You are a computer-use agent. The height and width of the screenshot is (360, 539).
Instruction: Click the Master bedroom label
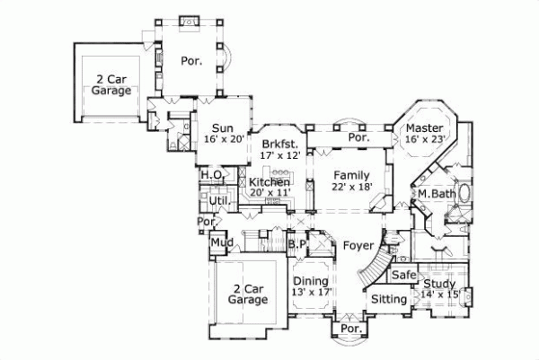(424, 128)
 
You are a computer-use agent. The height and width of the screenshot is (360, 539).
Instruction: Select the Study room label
(441, 282)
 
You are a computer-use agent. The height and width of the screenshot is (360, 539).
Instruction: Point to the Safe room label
(403, 275)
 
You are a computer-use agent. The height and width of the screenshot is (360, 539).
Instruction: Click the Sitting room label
(389, 297)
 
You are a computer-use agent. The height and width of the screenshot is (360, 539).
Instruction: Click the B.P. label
(298, 244)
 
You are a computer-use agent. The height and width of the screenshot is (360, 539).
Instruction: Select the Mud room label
(221, 242)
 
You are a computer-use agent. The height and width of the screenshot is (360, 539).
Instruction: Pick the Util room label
(218, 199)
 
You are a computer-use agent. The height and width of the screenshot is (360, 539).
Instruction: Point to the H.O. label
(212, 174)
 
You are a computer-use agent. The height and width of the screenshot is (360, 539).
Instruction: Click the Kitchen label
(269, 182)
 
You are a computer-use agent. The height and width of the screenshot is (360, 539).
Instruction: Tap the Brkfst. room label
(279, 144)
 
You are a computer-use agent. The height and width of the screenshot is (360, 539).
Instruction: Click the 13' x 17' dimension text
(311, 292)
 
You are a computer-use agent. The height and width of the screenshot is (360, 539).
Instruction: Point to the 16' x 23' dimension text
(424, 140)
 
